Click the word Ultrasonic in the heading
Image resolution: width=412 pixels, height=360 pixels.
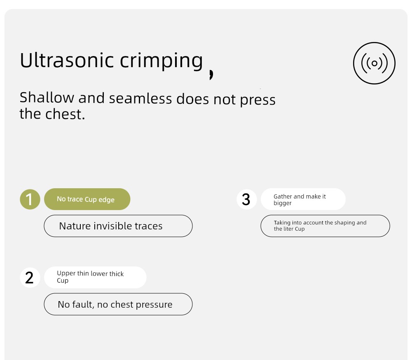[x=67, y=60]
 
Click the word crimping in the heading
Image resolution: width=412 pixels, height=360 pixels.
[x=162, y=62]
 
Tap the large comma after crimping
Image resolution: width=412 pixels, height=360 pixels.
[x=211, y=75]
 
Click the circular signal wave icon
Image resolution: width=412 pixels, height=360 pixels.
[x=374, y=63]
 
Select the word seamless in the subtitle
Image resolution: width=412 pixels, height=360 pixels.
[x=140, y=98]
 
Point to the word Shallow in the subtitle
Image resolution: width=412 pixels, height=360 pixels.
[x=47, y=98]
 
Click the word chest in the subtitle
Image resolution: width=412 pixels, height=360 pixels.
[x=65, y=114]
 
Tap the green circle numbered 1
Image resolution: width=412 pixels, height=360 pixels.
[x=30, y=199]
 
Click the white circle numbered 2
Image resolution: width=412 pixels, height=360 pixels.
[x=30, y=278]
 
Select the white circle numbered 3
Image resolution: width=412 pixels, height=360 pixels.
[x=246, y=199]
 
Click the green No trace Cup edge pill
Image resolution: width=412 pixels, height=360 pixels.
[x=87, y=199]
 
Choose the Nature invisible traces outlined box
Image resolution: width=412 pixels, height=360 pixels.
[x=118, y=226]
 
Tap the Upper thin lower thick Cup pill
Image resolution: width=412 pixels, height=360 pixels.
[x=95, y=278]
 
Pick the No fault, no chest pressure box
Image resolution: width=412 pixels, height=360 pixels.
[x=118, y=304]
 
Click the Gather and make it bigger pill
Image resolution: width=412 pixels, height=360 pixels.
[x=303, y=199]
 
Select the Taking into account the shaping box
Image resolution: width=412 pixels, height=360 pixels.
[x=325, y=226]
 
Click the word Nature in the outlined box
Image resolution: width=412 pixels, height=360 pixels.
[x=74, y=226]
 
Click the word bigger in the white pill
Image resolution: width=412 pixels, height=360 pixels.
[x=283, y=203]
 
